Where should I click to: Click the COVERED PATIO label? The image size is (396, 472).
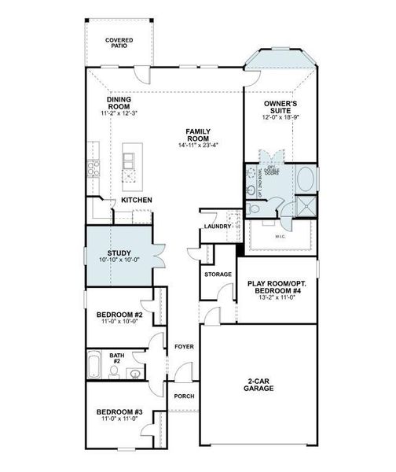pos(119,42)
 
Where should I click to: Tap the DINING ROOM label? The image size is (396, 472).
pos(119,104)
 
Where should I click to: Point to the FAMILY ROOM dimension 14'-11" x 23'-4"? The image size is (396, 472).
pos(197,144)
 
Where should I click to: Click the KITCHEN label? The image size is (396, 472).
pos(136,200)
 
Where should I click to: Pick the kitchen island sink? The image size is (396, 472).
pos(130,164)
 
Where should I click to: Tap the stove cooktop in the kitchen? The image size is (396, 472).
pos(93,167)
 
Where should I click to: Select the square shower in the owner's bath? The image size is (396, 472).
pos(302,208)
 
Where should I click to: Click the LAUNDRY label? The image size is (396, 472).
pos(217,227)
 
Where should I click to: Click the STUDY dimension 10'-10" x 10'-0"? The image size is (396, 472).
pos(119,260)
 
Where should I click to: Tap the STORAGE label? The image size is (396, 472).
pos(218,275)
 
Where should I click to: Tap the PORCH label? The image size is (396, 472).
pos(183,396)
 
